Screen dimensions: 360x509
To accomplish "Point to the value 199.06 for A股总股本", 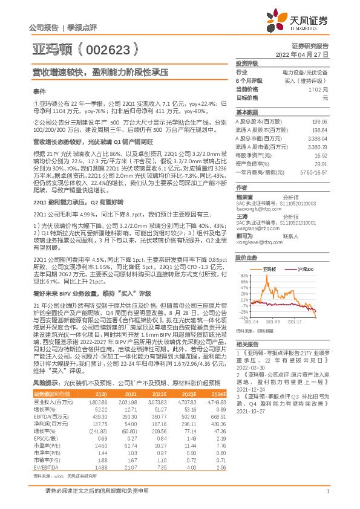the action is (x=319, y=122).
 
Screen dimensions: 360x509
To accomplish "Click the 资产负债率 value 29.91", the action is (x=321, y=163).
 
